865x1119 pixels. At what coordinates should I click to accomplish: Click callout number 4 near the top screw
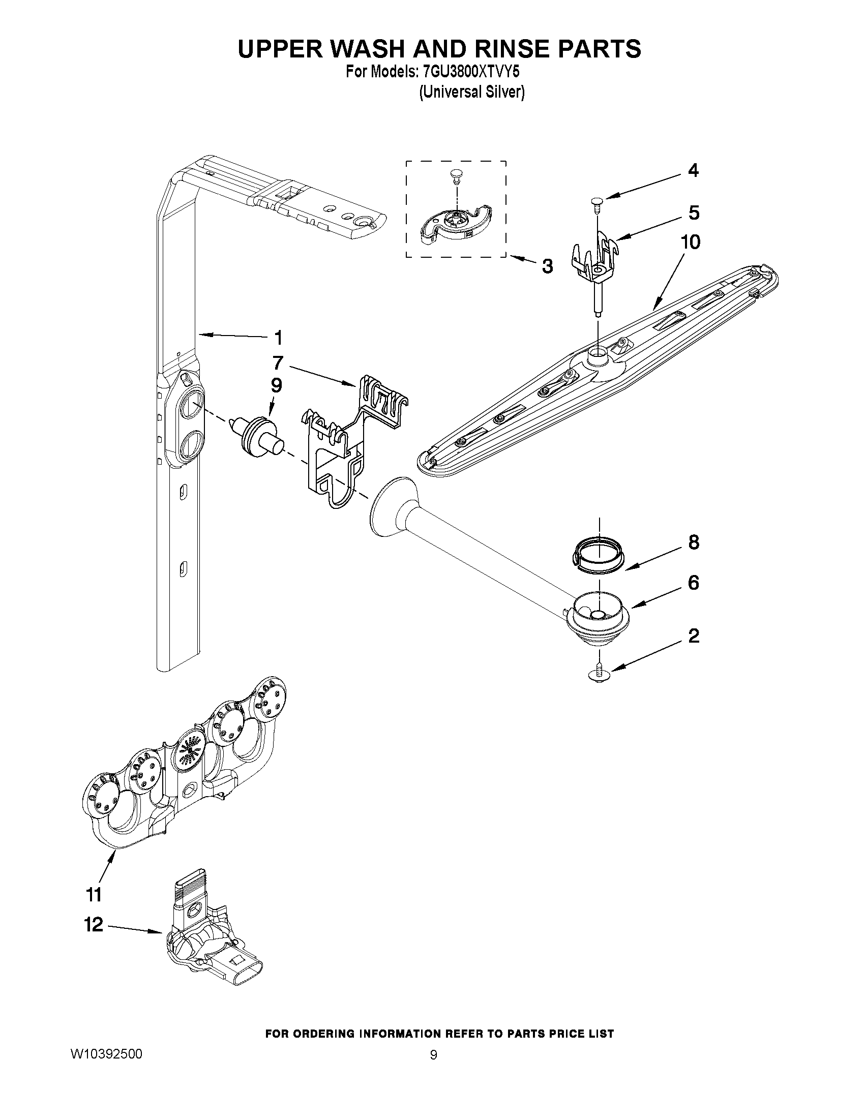pos(693,171)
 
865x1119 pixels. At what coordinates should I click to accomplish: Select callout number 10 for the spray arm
pos(690,242)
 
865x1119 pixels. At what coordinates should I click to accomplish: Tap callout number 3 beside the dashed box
pos(547,266)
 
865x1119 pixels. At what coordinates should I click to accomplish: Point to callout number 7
pos(278,363)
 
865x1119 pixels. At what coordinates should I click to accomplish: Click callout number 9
pos(276,385)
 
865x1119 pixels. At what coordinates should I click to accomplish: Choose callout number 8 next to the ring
pos(693,542)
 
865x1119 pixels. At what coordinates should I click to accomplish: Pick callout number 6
pos(693,583)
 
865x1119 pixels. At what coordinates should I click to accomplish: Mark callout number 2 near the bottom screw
pos(693,636)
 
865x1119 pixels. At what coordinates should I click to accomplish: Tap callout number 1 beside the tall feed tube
pos(278,338)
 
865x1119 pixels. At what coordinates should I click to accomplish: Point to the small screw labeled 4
pos(598,202)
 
